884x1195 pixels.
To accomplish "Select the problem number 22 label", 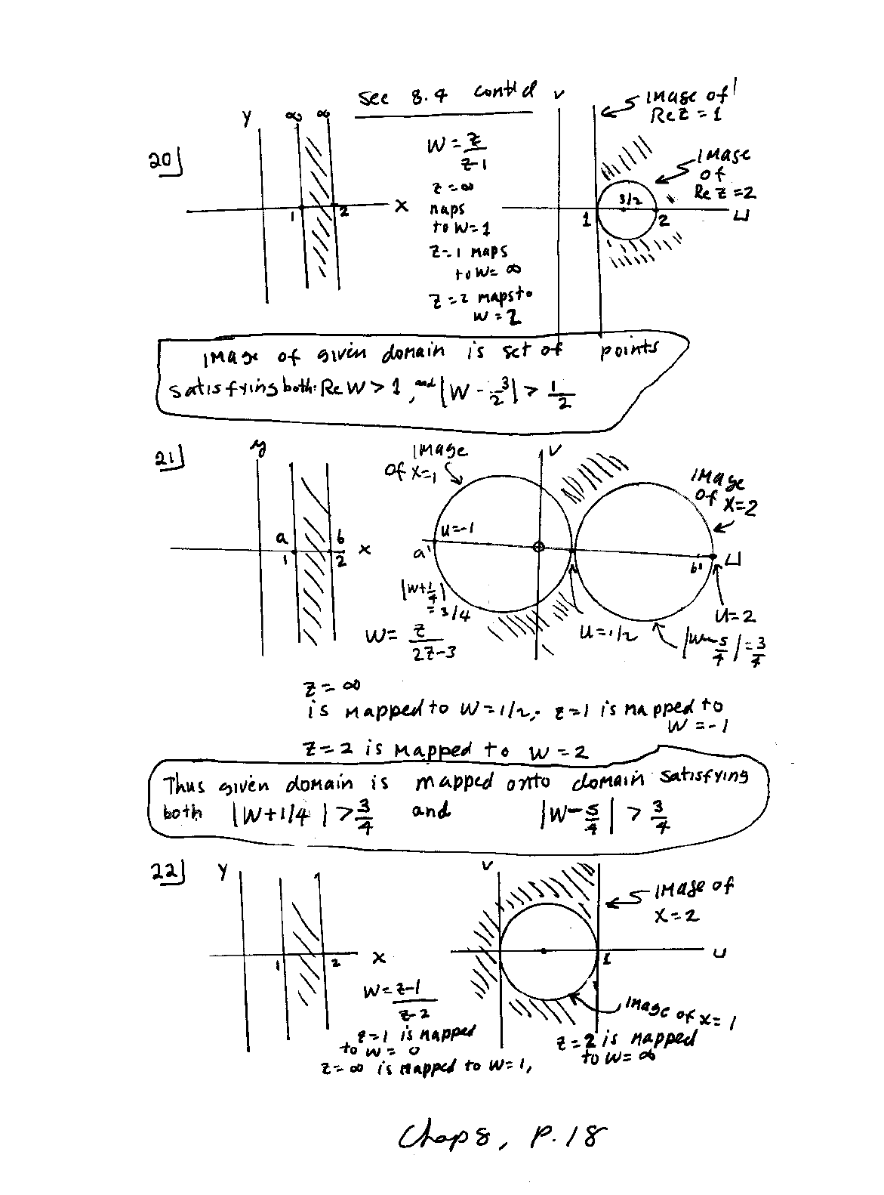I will [165, 874].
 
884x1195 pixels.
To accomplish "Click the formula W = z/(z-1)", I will [457, 151].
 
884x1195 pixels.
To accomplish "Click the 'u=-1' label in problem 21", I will [456, 530].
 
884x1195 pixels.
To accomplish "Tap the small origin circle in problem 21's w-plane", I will [538, 547].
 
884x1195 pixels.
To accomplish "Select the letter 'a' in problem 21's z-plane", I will [281, 538].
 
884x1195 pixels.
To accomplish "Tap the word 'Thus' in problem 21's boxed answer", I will [183, 786].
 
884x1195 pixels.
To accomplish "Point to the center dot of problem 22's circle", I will [544, 951].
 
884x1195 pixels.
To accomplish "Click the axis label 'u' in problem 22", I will [719, 953].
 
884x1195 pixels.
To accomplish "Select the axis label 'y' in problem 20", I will [246, 119].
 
